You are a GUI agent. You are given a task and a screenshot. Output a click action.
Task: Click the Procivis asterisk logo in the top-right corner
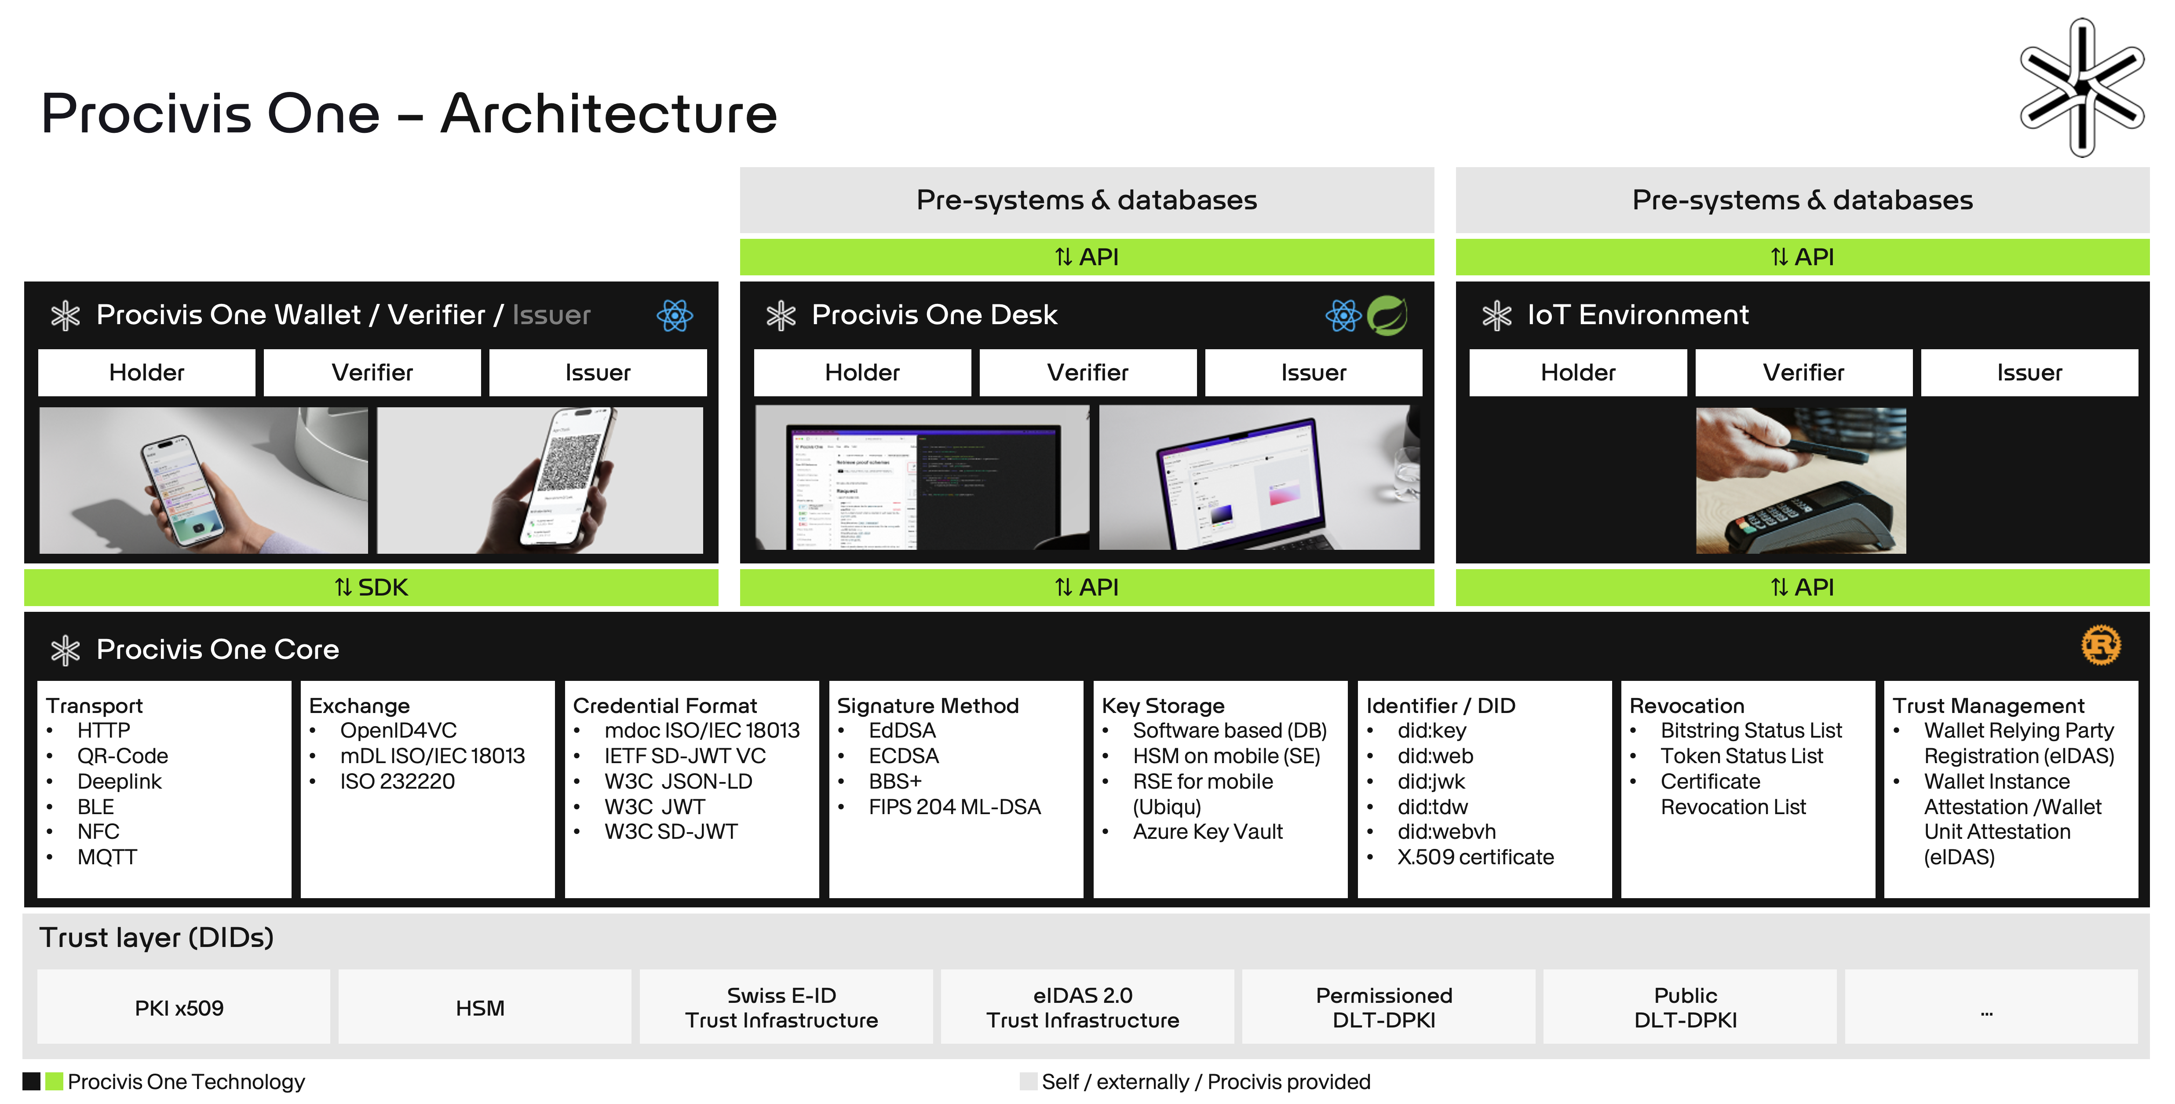pyautogui.click(x=2081, y=87)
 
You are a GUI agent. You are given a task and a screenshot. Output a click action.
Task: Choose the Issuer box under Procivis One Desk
pyautogui.click(x=1313, y=373)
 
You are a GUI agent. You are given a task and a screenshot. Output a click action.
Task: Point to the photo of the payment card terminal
pyautogui.click(x=1800, y=481)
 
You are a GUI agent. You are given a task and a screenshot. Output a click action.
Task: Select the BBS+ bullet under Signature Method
pyautogui.click(x=895, y=781)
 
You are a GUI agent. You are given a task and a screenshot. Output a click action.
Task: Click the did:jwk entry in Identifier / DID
pyautogui.click(x=1431, y=781)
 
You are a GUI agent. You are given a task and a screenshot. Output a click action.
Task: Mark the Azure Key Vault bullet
pyautogui.click(x=1208, y=832)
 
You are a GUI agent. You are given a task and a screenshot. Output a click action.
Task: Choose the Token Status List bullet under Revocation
pyautogui.click(x=1741, y=756)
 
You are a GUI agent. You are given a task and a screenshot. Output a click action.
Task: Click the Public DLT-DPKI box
pyautogui.click(x=1685, y=1008)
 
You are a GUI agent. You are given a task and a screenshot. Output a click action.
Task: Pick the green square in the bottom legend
pyautogui.click(x=54, y=1081)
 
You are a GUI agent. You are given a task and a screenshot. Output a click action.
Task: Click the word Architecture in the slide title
pyautogui.click(x=608, y=114)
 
